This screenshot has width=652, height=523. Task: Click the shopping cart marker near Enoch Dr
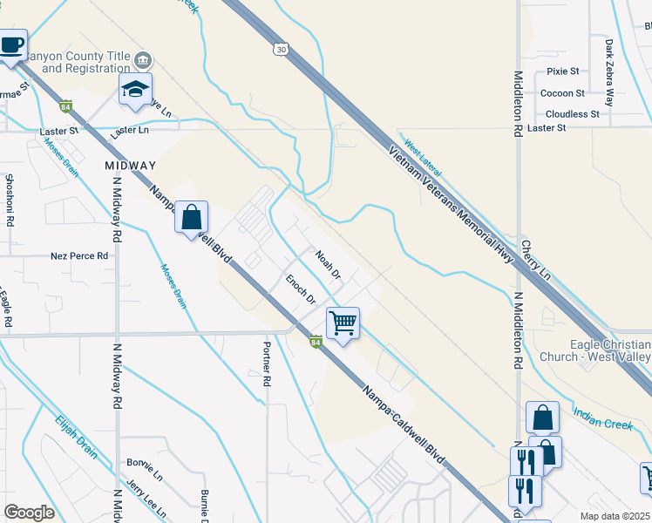click(343, 323)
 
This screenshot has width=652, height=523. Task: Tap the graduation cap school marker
click(136, 90)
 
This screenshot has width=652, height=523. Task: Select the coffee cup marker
click(11, 45)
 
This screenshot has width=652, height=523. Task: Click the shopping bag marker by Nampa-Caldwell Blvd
click(192, 217)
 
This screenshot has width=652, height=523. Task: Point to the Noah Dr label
click(327, 265)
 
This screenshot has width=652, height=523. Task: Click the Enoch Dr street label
click(301, 289)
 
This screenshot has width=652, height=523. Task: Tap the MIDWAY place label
click(130, 165)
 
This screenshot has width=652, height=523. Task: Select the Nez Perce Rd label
click(79, 256)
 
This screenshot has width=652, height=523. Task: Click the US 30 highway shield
click(279, 49)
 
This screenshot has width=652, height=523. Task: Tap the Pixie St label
click(563, 71)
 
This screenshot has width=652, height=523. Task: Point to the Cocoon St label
click(562, 92)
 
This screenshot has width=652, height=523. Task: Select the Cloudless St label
click(572, 113)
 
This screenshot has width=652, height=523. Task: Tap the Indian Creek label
click(602, 418)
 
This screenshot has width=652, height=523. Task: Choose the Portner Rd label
click(268, 363)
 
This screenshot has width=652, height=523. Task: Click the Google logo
click(30, 513)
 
